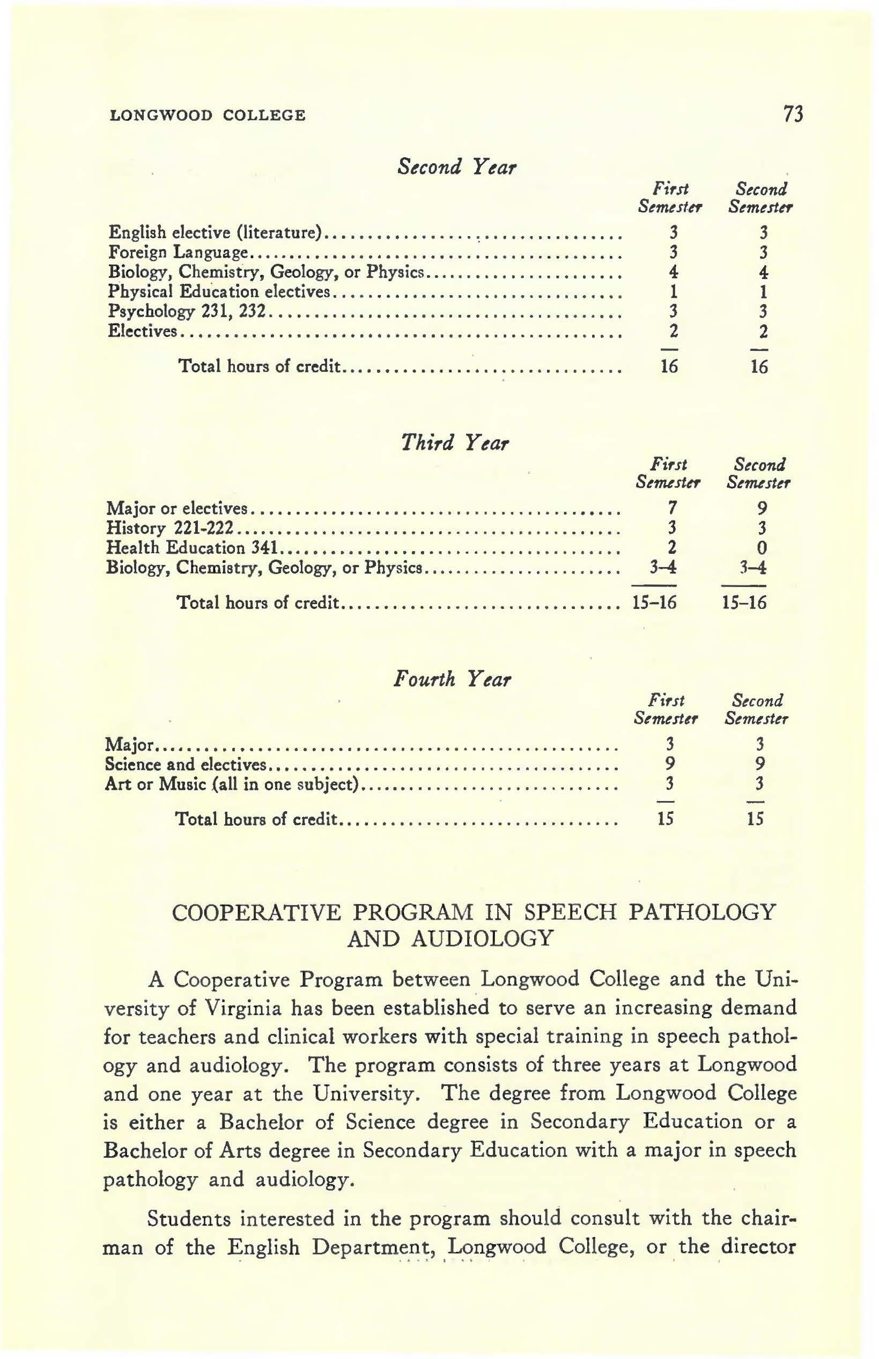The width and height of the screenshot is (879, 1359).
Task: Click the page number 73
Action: coord(793,115)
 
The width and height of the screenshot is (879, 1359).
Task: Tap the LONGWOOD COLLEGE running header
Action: coord(207,116)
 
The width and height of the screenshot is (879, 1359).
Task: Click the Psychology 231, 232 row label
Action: coord(188,312)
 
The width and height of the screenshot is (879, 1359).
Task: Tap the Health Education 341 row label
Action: coord(192,548)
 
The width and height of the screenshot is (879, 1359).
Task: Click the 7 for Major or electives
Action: coord(673,507)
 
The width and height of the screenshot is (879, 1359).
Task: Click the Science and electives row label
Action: coord(186,764)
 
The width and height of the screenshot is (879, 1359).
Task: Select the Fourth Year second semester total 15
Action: coord(755,819)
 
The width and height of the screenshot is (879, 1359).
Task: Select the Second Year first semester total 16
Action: coord(669,366)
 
